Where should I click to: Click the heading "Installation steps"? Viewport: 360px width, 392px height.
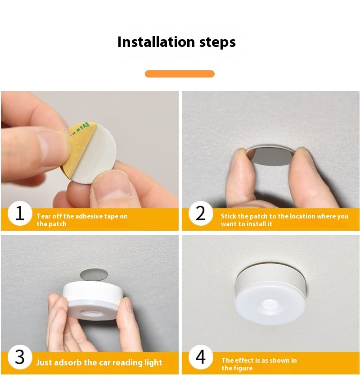pos(176,42)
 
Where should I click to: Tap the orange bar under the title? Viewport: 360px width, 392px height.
pos(180,74)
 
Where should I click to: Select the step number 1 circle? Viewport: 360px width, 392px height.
pos(20,213)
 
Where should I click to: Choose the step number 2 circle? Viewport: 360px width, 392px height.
pos(201,213)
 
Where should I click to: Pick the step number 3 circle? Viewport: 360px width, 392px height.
pos(20,357)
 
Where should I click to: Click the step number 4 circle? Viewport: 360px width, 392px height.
pos(201,357)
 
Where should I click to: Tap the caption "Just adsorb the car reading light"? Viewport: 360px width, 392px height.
pos(99,363)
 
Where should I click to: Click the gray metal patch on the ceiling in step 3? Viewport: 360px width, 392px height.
pos(94,274)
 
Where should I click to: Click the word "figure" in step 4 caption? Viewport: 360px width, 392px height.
pos(243,368)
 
